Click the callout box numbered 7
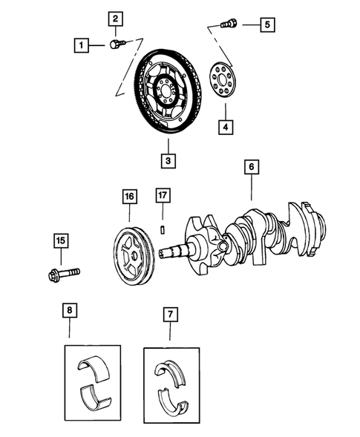(x=171, y=315)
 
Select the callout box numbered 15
(x=61, y=240)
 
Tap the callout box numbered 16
(x=130, y=197)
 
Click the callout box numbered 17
(x=163, y=197)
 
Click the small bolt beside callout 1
(x=115, y=45)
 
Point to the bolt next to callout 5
(x=229, y=24)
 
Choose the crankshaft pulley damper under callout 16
(x=133, y=257)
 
